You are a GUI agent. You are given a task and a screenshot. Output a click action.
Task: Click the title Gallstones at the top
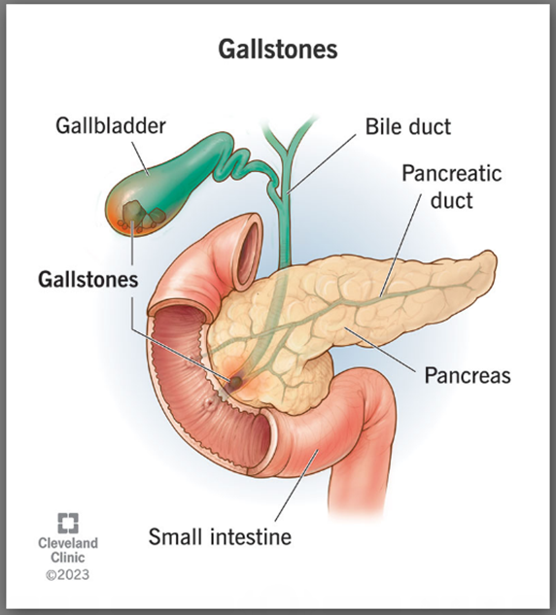click(x=278, y=50)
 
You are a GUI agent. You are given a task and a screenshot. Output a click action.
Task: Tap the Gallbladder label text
click(x=111, y=126)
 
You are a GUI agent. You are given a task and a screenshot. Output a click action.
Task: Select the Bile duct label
click(x=408, y=126)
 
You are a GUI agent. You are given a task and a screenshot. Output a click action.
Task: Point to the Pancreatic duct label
click(x=452, y=187)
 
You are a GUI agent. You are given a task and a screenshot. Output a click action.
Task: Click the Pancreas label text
click(x=468, y=375)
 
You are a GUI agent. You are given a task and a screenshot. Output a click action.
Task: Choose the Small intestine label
click(x=220, y=536)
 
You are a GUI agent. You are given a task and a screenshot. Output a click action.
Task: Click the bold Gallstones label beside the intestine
click(x=87, y=280)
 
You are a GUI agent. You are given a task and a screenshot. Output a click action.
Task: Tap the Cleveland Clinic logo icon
click(x=68, y=523)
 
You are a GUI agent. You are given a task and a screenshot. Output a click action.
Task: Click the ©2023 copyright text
click(x=67, y=575)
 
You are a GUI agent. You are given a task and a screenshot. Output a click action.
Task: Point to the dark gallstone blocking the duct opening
click(x=235, y=381)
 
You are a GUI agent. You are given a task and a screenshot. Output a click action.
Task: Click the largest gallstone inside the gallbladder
click(x=132, y=212)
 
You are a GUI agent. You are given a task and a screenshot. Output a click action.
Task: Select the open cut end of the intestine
click(x=248, y=252)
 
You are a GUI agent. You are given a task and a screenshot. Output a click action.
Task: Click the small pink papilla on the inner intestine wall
click(x=208, y=403)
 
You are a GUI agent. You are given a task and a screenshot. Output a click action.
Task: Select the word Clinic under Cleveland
click(x=68, y=558)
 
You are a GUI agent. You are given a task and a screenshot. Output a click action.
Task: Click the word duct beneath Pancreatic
click(x=452, y=200)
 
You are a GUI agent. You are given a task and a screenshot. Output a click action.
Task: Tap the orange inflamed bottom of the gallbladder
click(x=122, y=223)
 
